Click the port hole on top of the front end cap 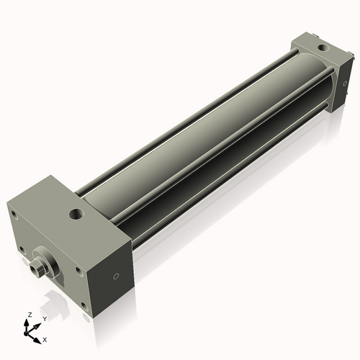pos(75,213)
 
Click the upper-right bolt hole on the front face pos(77,270)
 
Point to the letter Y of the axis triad pos(45,318)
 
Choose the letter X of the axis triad pos(45,338)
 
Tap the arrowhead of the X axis pos(39,336)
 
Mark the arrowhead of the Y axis pos(39,323)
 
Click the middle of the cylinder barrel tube pos(209,144)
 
